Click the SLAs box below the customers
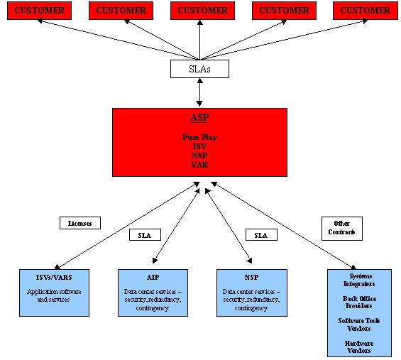(199, 69)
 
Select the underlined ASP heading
(199, 117)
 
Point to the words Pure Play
(199, 138)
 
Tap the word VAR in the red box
(199, 165)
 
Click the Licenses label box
(80, 223)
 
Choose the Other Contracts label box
(342, 229)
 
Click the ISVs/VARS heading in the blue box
(54, 278)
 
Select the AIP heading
(153, 278)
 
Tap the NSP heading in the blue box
(252, 278)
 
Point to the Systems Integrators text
(359, 280)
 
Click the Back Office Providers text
(359, 302)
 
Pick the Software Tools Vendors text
(359, 324)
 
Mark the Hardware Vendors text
(359, 347)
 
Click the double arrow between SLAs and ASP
(199, 92)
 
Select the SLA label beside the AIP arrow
(145, 235)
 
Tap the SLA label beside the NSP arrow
(261, 235)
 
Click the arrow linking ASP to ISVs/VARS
(127, 226)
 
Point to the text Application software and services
(54, 295)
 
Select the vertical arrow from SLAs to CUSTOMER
(199, 40)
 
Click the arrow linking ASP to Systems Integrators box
(283, 226)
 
